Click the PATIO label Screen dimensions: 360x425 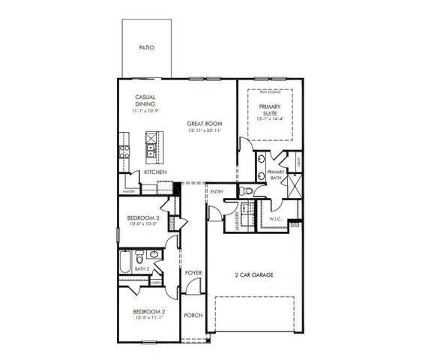[147, 47]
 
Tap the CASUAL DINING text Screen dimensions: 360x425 [145, 102]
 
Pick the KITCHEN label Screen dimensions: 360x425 [155, 172]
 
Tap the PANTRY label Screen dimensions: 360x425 [128, 191]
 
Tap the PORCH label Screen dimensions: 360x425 [193, 315]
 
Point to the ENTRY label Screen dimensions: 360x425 [217, 192]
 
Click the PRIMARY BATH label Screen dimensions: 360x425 [276, 175]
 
